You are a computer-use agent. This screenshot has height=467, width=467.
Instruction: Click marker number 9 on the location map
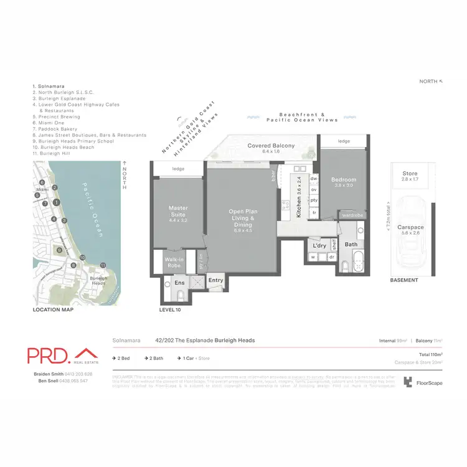pyautogui.click(x=59, y=250)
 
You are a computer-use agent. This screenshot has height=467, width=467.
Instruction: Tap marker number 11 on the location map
pyautogui.click(x=103, y=265)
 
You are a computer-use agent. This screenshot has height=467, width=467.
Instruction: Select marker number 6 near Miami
pyautogui.click(x=42, y=182)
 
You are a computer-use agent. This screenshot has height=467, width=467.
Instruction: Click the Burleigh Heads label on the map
pyautogui.click(x=98, y=280)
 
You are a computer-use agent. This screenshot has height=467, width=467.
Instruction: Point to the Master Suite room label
pyautogui.click(x=178, y=212)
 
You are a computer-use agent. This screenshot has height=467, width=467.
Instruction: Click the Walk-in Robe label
pyautogui.click(x=172, y=263)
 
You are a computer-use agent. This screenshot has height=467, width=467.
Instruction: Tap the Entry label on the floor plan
pyautogui.click(x=215, y=281)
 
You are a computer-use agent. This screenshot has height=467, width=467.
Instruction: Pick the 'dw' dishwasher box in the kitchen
pyautogui.click(x=314, y=179)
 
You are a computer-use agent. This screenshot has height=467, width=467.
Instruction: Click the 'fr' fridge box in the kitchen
pyautogui.click(x=314, y=212)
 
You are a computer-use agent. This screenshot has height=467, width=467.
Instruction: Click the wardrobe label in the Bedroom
pyautogui.click(x=348, y=215)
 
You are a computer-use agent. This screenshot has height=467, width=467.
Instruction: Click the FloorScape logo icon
pyautogui.click(x=408, y=382)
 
